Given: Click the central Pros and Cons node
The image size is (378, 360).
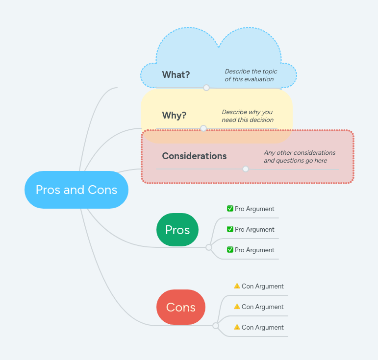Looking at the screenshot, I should [x=76, y=190].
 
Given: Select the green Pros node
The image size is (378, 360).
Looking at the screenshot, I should [x=177, y=230].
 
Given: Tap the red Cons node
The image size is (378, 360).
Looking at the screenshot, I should [x=180, y=307].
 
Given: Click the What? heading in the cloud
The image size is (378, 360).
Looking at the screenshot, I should [x=176, y=74].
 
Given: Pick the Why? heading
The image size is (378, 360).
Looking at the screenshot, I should [x=174, y=115].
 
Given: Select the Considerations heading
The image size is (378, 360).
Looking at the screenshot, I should [x=194, y=156].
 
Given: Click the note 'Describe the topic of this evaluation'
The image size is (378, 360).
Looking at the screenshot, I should [x=251, y=75].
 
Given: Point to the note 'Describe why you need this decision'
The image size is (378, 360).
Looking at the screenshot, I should [x=248, y=116].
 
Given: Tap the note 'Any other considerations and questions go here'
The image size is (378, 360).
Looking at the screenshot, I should [x=299, y=156].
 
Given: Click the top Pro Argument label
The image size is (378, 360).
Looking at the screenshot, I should [x=254, y=209].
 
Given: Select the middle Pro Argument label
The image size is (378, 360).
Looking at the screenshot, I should [x=254, y=229].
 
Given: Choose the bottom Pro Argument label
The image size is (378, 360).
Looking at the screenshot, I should [x=254, y=250].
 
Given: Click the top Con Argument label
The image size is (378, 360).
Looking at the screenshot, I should [x=262, y=286].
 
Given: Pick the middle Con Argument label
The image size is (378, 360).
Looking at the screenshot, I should [x=262, y=307].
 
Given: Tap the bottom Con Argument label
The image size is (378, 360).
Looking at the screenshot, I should [x=262, y=327].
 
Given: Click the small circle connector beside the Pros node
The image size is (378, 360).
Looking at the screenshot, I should [x=209, y=247].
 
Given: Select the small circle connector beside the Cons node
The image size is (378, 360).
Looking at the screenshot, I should [x=216, y=325].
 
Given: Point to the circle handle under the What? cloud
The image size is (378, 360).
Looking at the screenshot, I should [x=206, y=88].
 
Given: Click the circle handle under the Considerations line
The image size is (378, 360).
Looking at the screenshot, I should [x=246, y=169].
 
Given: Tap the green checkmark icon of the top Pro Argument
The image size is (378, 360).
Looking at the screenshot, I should [x=230, y=209].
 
